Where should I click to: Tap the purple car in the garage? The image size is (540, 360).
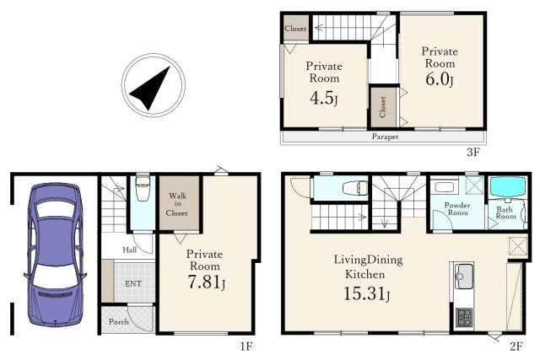click(x=56, y=255)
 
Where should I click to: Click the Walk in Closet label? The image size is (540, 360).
click(x=177, y=204)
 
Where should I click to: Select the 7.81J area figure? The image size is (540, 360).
click(x=206, y=282)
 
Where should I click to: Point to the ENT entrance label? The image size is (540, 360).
click(x=133, y=283)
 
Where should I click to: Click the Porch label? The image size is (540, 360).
click(x=119, y=322)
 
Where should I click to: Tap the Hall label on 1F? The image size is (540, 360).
click(x=130, y=250)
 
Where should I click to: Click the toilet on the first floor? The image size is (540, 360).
click(x=143, y=189)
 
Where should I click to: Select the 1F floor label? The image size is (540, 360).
click(x=246, y=346)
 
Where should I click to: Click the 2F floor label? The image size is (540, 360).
click(x=516, y=346)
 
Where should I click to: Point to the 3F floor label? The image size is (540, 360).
click(x=473, y=152)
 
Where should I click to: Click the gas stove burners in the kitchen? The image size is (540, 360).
click(x=464, y=318)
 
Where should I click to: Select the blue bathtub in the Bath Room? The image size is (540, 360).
click(x=508, y=187)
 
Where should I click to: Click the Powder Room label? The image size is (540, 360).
click(x=457, y=209)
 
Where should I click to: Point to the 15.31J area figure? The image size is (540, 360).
click(x=367, y=294)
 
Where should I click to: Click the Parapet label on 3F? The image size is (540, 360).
click(x=385, y=137)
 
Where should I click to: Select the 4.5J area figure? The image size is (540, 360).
click(x=324, y=99)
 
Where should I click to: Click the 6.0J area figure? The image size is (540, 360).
click(x=439, y=79)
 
